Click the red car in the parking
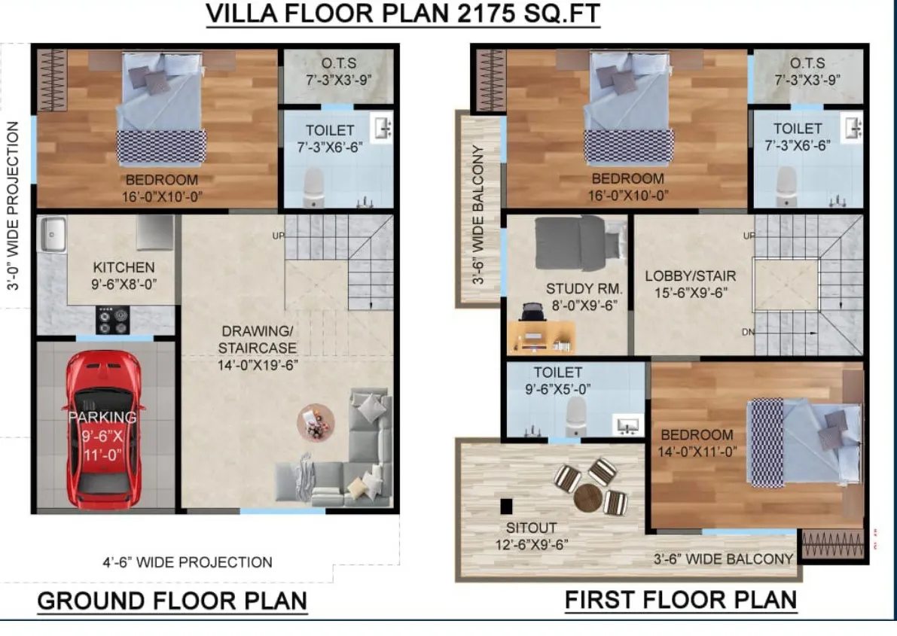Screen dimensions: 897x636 (103, 429)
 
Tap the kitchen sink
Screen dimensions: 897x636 (52, 234)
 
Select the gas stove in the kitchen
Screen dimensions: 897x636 (112, 320)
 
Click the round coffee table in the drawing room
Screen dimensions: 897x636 (316, 423)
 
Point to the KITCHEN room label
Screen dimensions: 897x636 (124, 268)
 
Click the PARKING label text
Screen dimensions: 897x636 (102, 417)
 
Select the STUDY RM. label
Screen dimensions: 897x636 (584, 289)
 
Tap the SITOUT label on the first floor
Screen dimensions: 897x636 (531, 528)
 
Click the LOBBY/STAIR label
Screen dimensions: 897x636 (691, 276)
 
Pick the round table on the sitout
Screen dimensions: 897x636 (588, 498)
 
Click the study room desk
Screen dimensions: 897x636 (541, 337)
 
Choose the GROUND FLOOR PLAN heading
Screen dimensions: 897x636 (172, 601)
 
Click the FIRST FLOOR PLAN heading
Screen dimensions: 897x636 (681, 600)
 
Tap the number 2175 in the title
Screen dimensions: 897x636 (487, 14)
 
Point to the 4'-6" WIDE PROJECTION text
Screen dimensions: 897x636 (188, 562)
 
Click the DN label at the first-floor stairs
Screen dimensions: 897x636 (748, 332)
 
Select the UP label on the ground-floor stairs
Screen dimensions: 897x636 (278, 236)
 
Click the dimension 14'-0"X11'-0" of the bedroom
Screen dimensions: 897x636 (697, 452)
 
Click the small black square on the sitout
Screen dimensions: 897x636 (506, 507)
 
